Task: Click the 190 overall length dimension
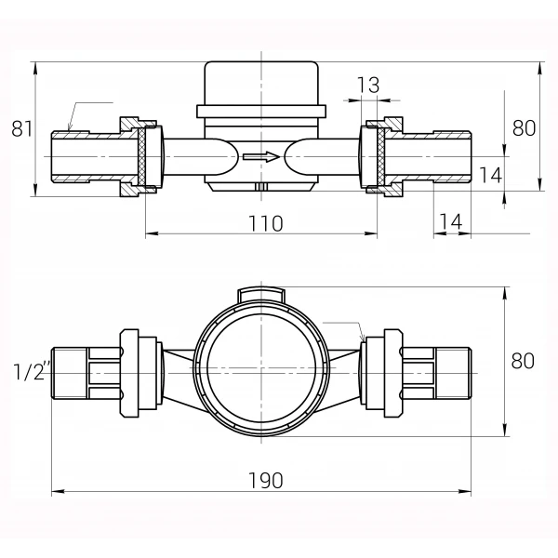coord(265,480)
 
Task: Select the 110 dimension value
coord(265,223)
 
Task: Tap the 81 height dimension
coord(21,128)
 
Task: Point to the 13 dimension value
coord(368,86)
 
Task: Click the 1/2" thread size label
coord(32,372)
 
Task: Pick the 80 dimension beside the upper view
coord(524,128)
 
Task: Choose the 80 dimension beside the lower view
coord(524,361)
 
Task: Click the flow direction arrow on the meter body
coord(261,156)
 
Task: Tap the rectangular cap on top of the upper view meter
coord(261,82)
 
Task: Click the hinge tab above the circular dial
coord(261,294)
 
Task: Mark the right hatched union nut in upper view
coord(381,156)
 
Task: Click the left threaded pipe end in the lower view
coord(70,372)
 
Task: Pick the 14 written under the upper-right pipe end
coord(450,221)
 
